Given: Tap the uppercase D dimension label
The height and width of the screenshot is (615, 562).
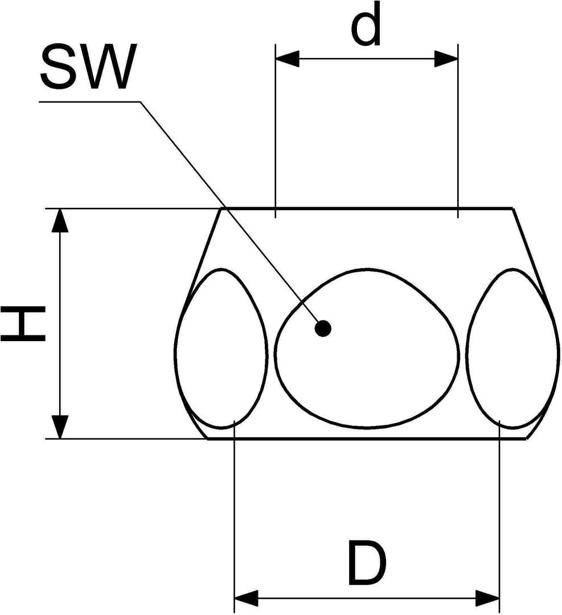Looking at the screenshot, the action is (367, 562).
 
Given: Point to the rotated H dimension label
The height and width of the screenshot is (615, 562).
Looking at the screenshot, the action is (23, 325).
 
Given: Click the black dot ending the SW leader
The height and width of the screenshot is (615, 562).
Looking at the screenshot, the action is (323, 329).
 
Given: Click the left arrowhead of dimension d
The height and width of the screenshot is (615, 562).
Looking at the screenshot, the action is (288, 59).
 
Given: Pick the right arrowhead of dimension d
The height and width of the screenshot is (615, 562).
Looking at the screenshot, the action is (446, 59).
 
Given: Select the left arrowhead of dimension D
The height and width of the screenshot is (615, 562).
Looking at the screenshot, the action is (246, 598).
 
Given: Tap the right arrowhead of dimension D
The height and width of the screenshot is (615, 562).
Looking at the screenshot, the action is (487, 598).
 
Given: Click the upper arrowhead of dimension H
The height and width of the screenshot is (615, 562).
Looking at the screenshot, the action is (60, 220).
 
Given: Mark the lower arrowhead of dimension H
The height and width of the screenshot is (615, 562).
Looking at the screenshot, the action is (60, 427).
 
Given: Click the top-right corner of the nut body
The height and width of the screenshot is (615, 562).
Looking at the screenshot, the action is (512, 208).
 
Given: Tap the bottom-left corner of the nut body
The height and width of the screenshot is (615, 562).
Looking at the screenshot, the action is (207, 438).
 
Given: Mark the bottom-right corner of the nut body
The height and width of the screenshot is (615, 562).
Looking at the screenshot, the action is (527, 438).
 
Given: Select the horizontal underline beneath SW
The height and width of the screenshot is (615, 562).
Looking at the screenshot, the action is (90, 102).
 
